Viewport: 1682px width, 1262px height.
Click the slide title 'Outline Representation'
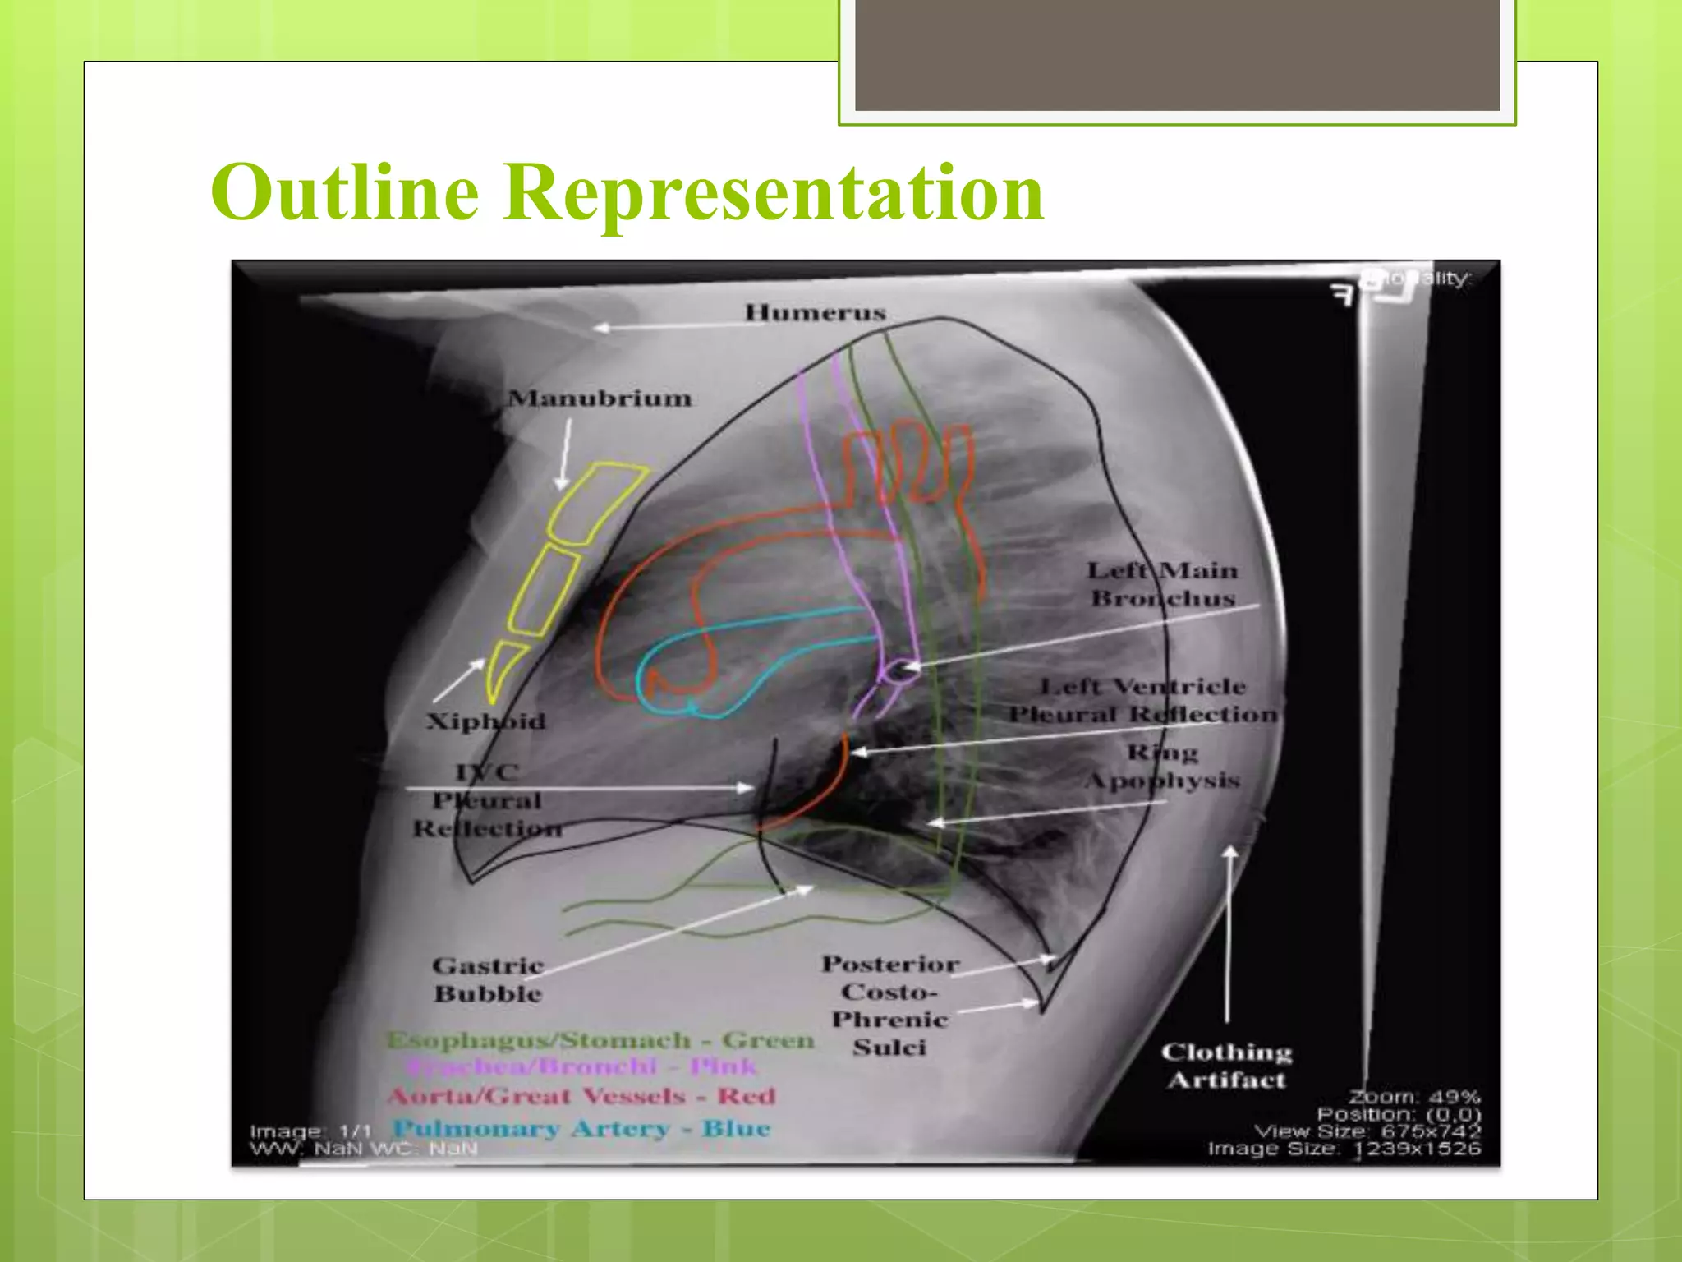[x=627, y=192]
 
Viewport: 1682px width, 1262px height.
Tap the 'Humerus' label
[x=815, y=313]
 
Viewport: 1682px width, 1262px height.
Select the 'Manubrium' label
[x=600, y=398]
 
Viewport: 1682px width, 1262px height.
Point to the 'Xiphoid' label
[x=485, y=721]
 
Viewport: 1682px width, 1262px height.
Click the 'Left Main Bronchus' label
[x=1163, y=584]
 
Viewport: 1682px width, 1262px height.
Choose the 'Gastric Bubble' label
[x=488, y=979]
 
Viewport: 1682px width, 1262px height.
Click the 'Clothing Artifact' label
[x=1226, y=1066]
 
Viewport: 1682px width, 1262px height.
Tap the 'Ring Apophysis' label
[x=1162, y=766]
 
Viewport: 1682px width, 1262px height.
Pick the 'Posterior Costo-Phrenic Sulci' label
[x=890, y=1005]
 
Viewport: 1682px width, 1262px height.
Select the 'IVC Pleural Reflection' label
[x=487, y=800]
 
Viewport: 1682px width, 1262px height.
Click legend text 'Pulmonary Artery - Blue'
[x=581, y=1128]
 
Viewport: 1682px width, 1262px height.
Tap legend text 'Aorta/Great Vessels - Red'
[x=581, y=1096]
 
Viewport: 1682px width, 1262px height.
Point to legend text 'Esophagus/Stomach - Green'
[x=600, y=1040]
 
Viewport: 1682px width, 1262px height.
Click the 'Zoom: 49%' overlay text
[x=1413, y=1097]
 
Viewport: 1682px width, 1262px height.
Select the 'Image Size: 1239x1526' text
[x=1344, y=1149]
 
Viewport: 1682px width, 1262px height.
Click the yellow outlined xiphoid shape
[x=502, y=669]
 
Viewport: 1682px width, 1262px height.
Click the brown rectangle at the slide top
[x=1177, y=55]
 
